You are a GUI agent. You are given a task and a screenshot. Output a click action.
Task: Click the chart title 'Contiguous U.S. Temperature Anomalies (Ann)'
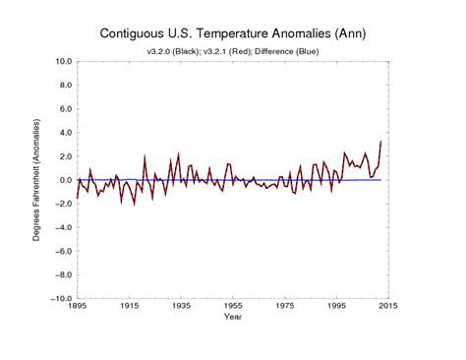coord(232,32)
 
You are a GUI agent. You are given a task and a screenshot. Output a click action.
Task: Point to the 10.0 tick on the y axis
coord(61,61)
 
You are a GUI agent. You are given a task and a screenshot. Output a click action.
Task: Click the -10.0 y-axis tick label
coord(59,298)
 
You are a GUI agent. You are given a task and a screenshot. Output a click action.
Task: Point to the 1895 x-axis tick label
coord(77,308)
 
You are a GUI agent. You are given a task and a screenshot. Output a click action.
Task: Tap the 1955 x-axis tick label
coord(232,308)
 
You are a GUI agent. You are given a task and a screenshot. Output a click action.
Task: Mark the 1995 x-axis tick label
coord(335,308)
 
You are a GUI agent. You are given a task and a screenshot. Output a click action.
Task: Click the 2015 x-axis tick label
coord(386,308)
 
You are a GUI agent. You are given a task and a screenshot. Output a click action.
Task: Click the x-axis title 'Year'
coord(232,319)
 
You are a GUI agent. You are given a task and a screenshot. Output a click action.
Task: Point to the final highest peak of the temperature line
coord(381,142)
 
